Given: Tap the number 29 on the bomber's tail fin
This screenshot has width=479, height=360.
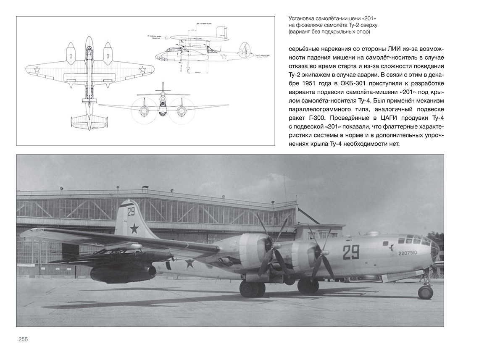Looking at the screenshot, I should pos(131,211).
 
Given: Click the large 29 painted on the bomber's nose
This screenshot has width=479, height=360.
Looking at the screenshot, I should pos(350,252).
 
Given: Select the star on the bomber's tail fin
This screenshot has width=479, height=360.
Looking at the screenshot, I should pos(134,229).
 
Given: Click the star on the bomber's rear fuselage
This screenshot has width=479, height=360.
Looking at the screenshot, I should pos(190,263).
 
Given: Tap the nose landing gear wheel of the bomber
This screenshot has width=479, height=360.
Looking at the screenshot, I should pos(425,292).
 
